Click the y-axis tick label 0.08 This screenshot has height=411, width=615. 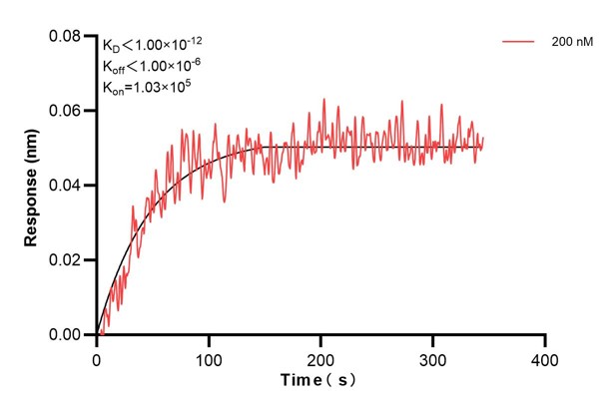click(66, 37)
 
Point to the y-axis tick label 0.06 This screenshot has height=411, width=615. click(66, 111)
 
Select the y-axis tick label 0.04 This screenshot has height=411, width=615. click(66, 186)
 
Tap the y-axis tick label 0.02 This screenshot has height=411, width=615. click(66, 260)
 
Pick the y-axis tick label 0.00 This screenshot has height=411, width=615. click(66, 335)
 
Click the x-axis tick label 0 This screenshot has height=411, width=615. click(96, 357)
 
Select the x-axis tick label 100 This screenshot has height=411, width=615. click(208, 357)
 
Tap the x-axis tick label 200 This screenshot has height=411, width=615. click(320, 357)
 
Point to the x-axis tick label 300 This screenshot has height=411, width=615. click(432, 357)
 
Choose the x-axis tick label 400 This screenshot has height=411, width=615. click(544, 357)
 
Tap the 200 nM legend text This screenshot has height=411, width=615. click(570, 44)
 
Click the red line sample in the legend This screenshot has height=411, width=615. click(519, 44)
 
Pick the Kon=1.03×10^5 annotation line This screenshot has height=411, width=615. click(146, 88)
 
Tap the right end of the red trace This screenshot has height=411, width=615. click(483, 139)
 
